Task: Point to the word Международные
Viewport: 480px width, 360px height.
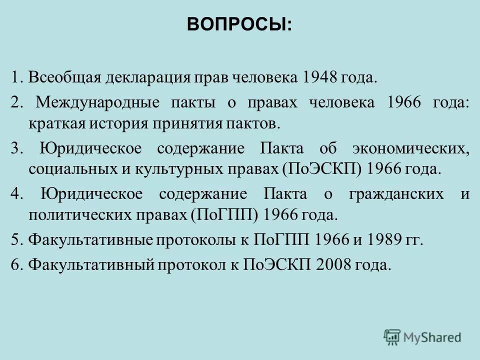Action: click(x=98, y=102)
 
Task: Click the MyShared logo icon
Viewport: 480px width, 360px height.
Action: click(x=392, y=337)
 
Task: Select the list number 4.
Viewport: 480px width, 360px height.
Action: click(x=14, y=194)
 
